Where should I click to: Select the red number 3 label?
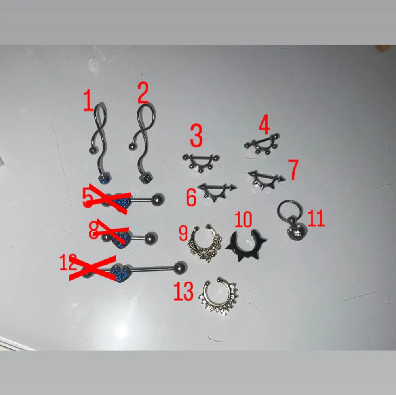[196, 136]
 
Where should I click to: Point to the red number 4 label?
[264, 125]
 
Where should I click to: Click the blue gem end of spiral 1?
[104, 179]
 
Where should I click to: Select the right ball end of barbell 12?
[181, 266]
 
